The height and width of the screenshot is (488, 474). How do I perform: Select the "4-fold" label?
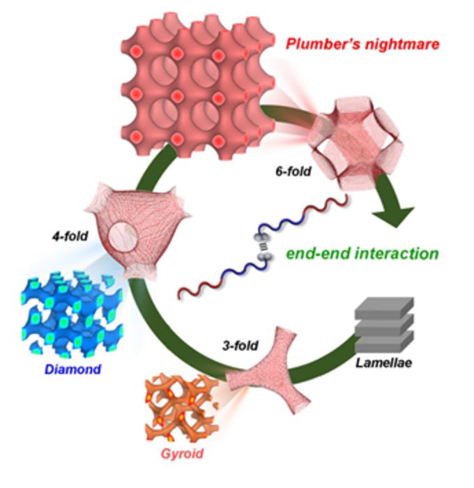point(68,236)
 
